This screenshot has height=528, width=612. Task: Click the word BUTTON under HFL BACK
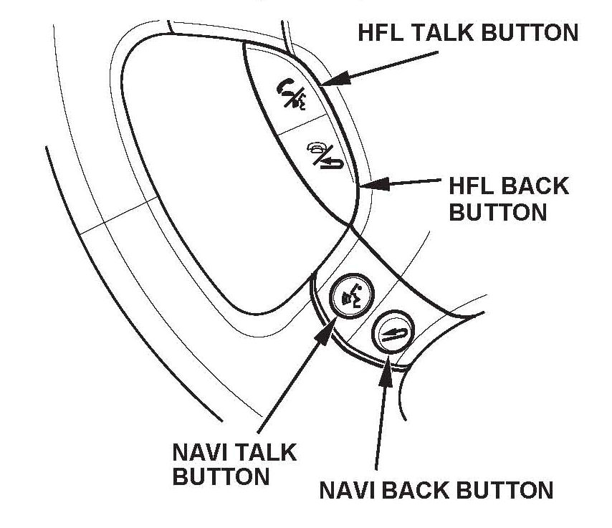point(497,212)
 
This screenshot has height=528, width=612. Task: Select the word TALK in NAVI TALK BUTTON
point(266,452)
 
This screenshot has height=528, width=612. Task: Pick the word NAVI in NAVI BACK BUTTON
point(350,491)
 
